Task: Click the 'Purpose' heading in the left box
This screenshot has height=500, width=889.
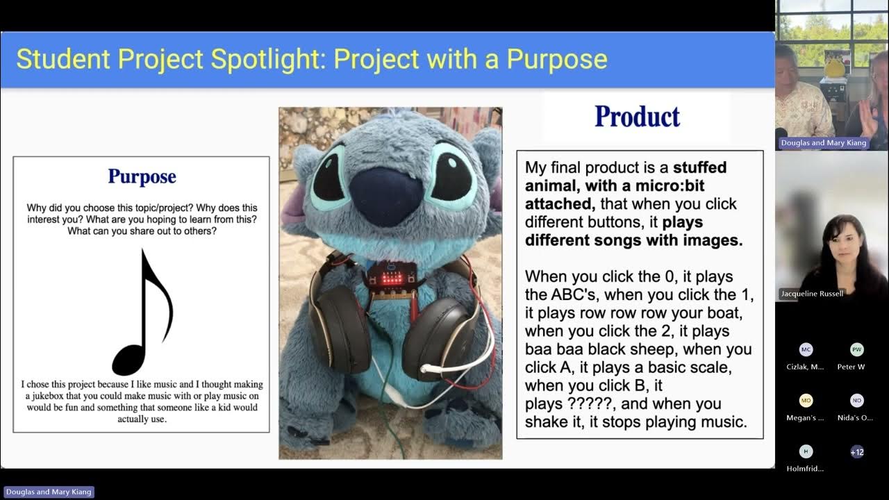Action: (142, 177)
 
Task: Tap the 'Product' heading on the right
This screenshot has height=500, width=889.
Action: (637, 117)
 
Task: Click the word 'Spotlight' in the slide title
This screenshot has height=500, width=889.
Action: (270, 59)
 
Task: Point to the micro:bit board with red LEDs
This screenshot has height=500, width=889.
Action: (392, 278)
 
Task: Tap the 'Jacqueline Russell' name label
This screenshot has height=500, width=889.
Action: (811, 294)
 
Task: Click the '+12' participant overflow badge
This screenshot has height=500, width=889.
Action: (857, 452)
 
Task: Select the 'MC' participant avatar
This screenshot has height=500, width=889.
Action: (806, 350)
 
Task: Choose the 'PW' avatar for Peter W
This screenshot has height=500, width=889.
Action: (857, 350)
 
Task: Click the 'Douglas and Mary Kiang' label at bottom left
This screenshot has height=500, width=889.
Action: (49, 492)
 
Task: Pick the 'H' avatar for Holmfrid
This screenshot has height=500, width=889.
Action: (806, 452)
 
